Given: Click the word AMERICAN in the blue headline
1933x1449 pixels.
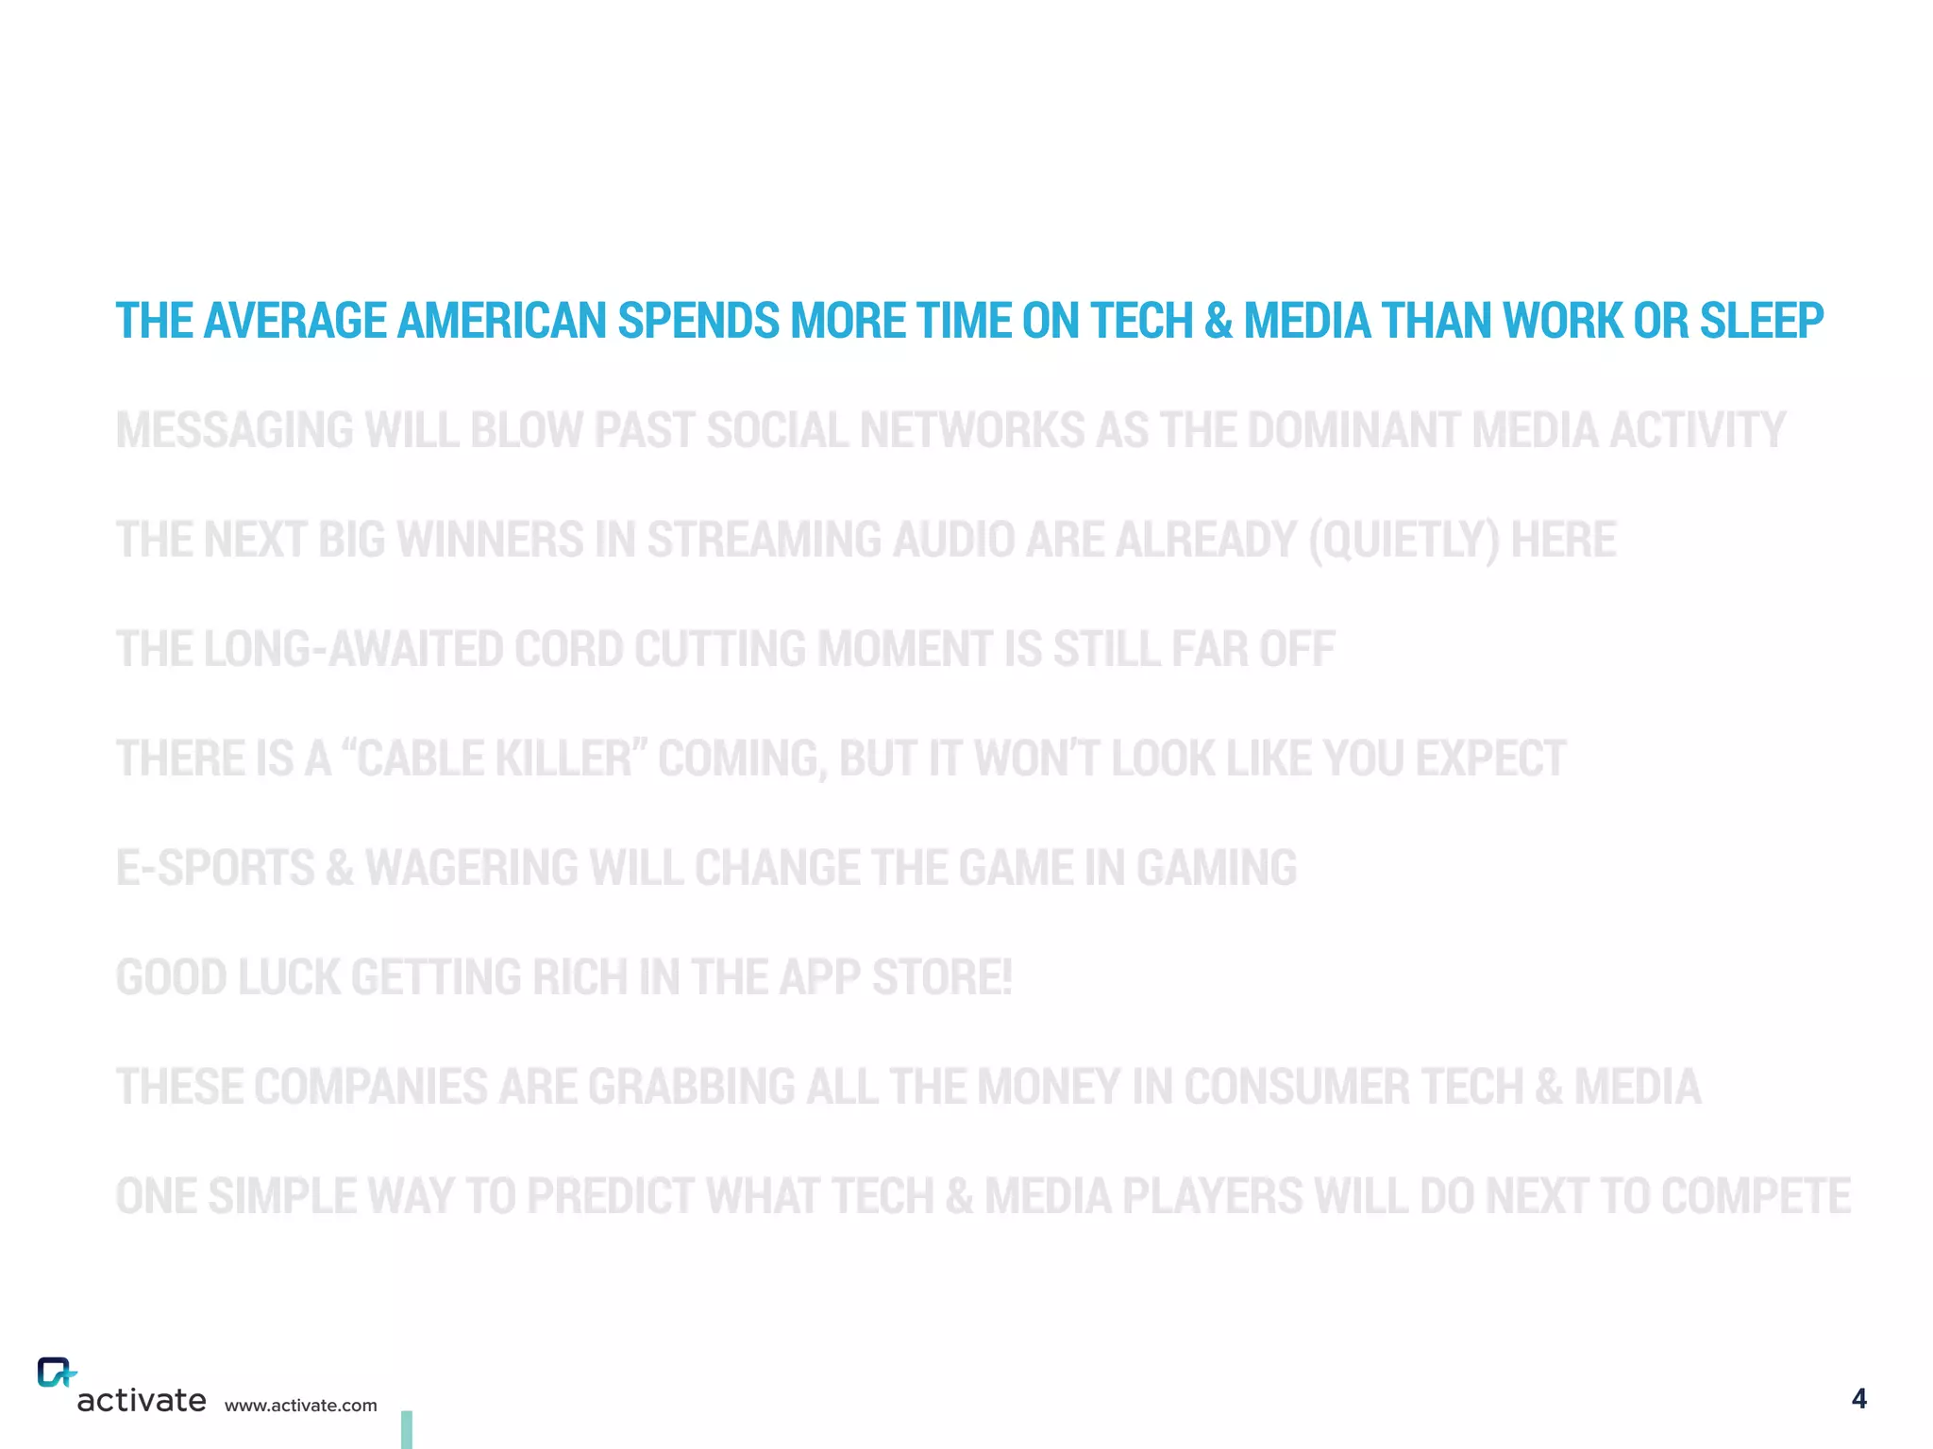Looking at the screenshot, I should tap(502, 321).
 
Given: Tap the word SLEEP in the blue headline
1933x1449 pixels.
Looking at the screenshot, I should tap(1761, 321).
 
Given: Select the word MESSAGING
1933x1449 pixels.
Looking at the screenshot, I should tap(235, 430).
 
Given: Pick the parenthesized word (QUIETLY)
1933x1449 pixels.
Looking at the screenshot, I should tap(1403, 541).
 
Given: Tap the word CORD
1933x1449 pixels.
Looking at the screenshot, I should tap(568, 649).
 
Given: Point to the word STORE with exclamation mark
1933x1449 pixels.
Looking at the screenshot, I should tap(941, 977).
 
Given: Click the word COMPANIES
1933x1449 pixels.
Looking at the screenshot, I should tap(370, 1087).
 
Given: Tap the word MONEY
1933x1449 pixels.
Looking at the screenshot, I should tap(1048, 1087).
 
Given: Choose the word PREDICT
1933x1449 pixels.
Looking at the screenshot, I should tap(610, 1196).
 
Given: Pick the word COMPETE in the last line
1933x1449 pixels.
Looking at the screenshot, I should tap(1756, 1196).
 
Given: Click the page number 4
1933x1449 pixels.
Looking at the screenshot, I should tap(1858, 1398).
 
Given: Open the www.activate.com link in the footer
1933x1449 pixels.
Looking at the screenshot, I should tap(300, 1406).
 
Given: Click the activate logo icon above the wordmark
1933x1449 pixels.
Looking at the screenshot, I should tap(56, 1373).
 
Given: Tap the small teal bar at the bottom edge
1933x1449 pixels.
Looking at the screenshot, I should tap(407, 1429).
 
